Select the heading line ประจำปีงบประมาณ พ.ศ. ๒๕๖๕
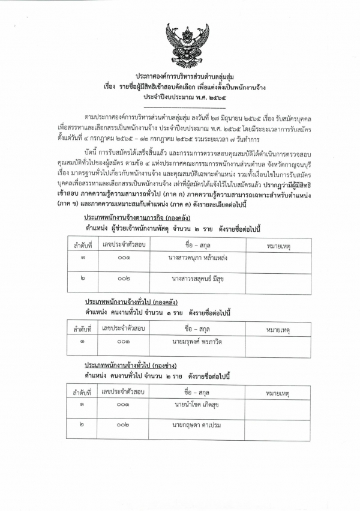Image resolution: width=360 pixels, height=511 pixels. (180, 97)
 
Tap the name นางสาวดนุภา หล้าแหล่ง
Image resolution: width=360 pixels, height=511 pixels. (197, 258)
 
